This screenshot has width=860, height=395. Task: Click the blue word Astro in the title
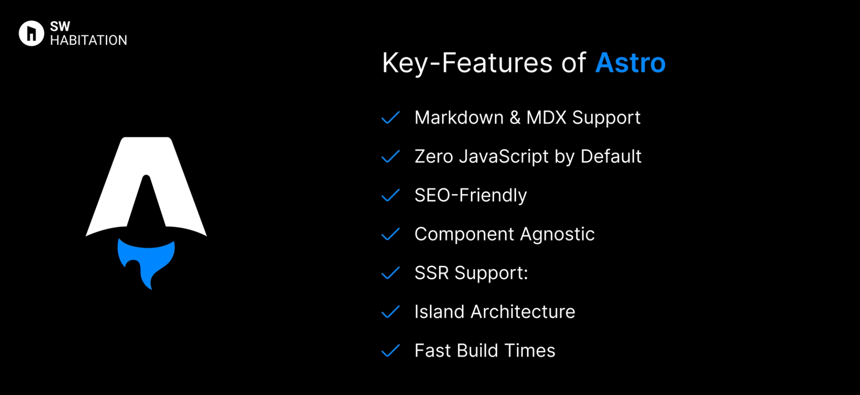pos(630,63)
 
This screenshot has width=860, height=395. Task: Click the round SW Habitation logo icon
pos(31,33)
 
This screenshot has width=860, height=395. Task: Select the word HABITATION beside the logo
pos(89,40)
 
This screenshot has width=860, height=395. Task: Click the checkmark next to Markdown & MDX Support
pos(390,117)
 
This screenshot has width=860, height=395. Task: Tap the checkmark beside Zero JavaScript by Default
pos(390,156)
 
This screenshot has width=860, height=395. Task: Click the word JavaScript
pos(504,156)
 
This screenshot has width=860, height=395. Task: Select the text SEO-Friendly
pos(470,195)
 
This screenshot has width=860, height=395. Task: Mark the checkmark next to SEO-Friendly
pos(390,195)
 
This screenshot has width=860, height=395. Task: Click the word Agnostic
pos(557,234)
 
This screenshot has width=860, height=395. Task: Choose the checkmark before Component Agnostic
pos(390,234)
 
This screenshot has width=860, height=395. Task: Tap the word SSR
pos(431,273)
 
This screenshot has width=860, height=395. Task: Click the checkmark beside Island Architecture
pos(390,312)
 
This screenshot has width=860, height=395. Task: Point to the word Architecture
pos(523,312)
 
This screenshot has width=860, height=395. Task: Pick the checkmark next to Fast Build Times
pos(390,351)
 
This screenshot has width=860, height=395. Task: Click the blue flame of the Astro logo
pos(146,260)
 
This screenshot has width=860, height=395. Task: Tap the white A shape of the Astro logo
pos(179,197)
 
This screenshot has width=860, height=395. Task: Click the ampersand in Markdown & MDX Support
pos(515,118)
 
